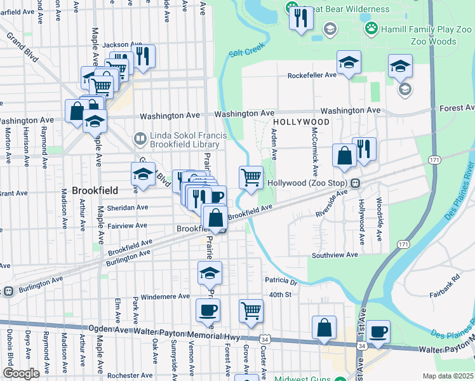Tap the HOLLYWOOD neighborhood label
tap(302, 122)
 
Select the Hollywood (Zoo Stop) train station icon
tap(356, 183)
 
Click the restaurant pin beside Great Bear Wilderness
tap(300, 18)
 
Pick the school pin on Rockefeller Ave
tap(349, 63)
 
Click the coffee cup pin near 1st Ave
tap(378, 331)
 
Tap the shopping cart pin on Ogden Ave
tap(251, 311)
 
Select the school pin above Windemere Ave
tap(210, 273)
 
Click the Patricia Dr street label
tap(281, 281)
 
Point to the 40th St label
tap(279, 295)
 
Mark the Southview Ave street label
tap(335, 255)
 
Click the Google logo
tap(21, 373)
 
